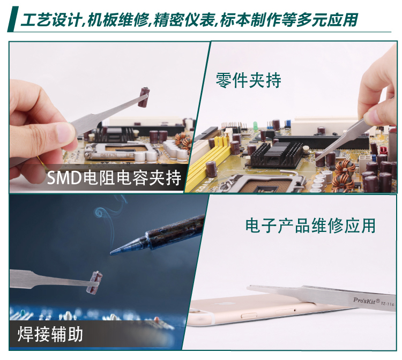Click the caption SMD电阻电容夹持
point(114,178)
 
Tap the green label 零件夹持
point(248,81)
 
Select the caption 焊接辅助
point(50,334)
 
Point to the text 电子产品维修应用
point(310,226)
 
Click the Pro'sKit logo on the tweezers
point(367,301)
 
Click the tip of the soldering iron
point(111,253)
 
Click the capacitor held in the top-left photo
point(144,97)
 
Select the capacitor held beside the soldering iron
point(94,282)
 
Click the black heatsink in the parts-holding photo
point(276,153)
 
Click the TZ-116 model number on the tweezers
point(388,304)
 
